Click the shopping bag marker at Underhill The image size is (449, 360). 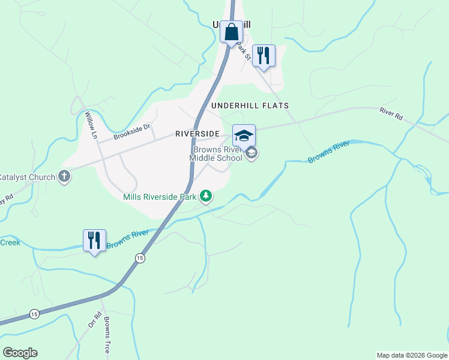pyautogui.click(x=231, y=32)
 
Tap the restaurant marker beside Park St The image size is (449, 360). pyautogui.click(x=263, y=56)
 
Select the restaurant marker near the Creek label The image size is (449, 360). pyautogui.click(x=94, y=241)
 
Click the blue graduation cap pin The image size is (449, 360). pyautogui.click(x=244, y=136)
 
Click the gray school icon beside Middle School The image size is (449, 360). pyautogui.click(x=252, y=154)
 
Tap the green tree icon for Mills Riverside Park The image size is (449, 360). pyautogui.click(x=206, y=196)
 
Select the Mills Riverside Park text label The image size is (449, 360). pyautogui.click(x=160, y=197)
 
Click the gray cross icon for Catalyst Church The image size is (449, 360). pyautogui.click(x=64, y=177)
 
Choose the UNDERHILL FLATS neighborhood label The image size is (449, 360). pyautogui.click(x=250, y=106)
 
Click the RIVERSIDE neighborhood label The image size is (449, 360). pyautogui.click(x=199, y=134)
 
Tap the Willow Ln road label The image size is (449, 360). pyautogui.click(x=91, y=125)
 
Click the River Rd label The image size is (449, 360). pyautogui.click(x=391, y=112)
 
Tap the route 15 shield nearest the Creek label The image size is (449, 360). pyautogui.click(x=34, y=314)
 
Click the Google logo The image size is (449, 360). pyautogui.click(x=20, y=353)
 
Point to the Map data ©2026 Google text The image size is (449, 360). pyautogui.click(x=411, y=355)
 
